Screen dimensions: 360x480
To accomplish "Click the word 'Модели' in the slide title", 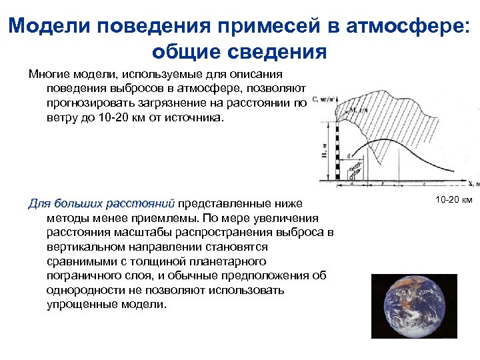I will (x=51, y=27).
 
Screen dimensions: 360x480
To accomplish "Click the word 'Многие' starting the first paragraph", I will (x=50, y=75).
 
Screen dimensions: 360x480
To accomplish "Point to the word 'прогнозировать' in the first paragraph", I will (x=87, y=103).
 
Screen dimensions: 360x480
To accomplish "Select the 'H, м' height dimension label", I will (x=324, y=155).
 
